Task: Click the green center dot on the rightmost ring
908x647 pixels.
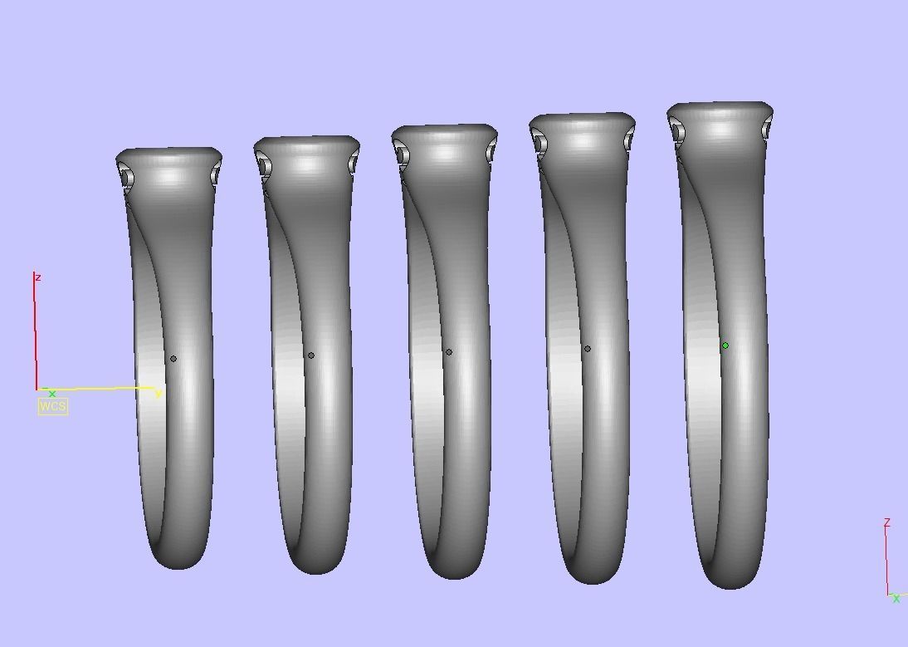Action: (x=725, y=346)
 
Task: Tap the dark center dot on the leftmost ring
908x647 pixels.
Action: (x=173, y=359)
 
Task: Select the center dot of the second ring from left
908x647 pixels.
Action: (x=311, y=355)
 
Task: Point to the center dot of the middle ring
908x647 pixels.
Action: (x=449, y=351)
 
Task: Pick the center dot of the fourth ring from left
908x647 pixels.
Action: (x=587, y=349)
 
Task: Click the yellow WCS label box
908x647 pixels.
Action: (x=52, y=406)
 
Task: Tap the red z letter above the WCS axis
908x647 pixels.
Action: (x=38, y=278)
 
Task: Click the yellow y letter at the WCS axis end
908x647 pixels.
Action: (x=159, y=395)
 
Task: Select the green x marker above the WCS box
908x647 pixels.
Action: (x=52, y=394)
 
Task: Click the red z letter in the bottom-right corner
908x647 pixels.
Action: (x=886, y=523)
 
